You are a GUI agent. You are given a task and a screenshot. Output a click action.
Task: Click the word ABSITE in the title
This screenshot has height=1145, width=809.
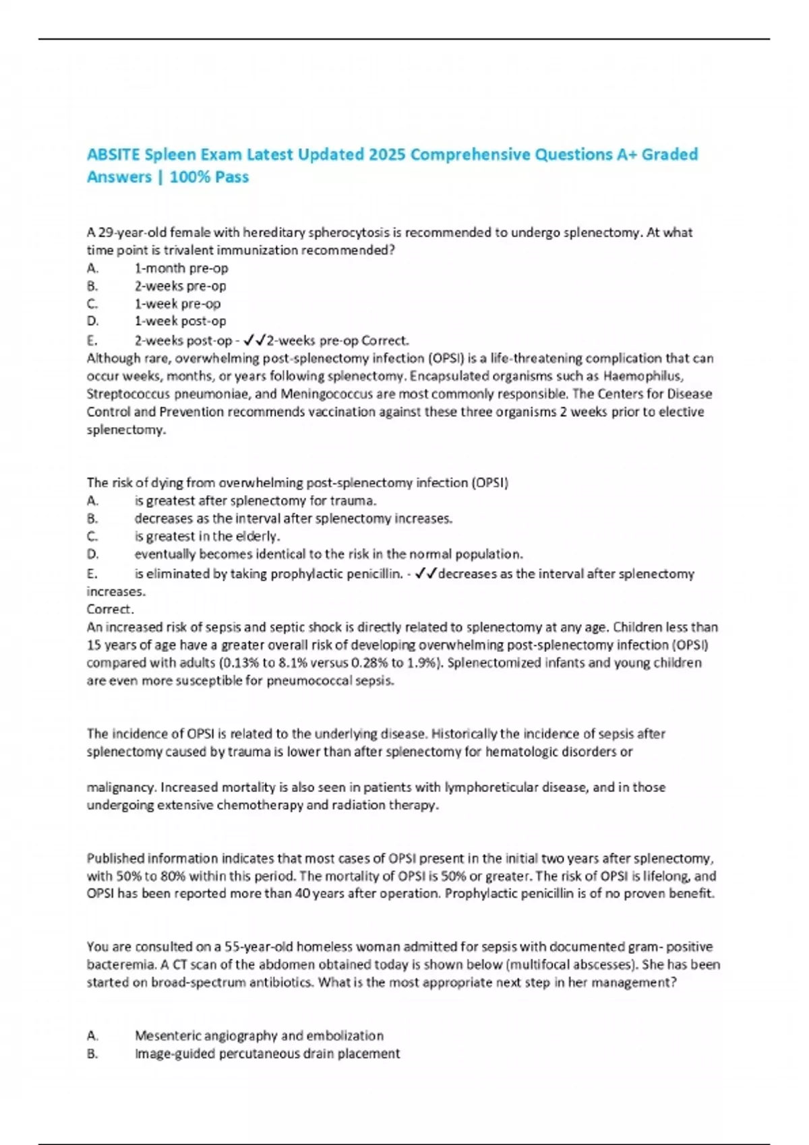(113, 155)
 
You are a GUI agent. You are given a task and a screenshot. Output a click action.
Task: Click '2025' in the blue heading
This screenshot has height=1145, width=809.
(386, 155)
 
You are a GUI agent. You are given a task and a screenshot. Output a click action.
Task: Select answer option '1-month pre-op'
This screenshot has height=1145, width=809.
(181, 268)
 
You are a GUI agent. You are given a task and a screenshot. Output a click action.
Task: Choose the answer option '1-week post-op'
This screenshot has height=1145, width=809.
(180, 321)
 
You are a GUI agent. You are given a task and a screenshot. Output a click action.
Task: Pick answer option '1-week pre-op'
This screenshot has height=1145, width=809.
(177, 304)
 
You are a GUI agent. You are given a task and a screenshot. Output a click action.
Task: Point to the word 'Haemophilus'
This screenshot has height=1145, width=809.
(642, 376)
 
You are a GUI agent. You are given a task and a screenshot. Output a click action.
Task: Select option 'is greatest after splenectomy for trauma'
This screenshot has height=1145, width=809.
(256, 501)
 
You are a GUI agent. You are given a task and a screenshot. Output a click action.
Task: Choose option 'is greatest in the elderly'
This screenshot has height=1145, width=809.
(207, 537)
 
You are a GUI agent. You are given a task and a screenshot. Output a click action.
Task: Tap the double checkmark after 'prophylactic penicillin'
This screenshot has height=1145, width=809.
(427, 574)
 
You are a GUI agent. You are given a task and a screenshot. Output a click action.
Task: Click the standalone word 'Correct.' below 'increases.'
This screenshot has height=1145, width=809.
(111, 610)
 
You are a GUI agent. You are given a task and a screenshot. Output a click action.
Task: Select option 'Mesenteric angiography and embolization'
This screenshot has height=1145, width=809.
(259, 1036)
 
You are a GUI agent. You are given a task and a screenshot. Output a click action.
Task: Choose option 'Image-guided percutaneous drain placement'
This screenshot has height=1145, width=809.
(267, 1054)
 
